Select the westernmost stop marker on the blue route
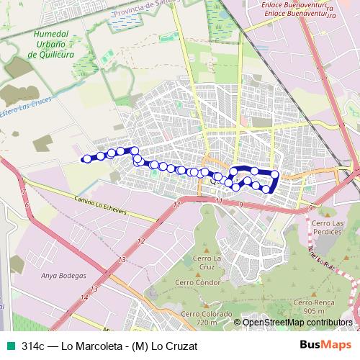click(86, 159)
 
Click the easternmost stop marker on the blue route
click(274, 174)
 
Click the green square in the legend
click(10, 346)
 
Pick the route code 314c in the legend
click(33, 346)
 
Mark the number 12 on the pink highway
click(140, 241)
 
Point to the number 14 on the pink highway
click(84, 297)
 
